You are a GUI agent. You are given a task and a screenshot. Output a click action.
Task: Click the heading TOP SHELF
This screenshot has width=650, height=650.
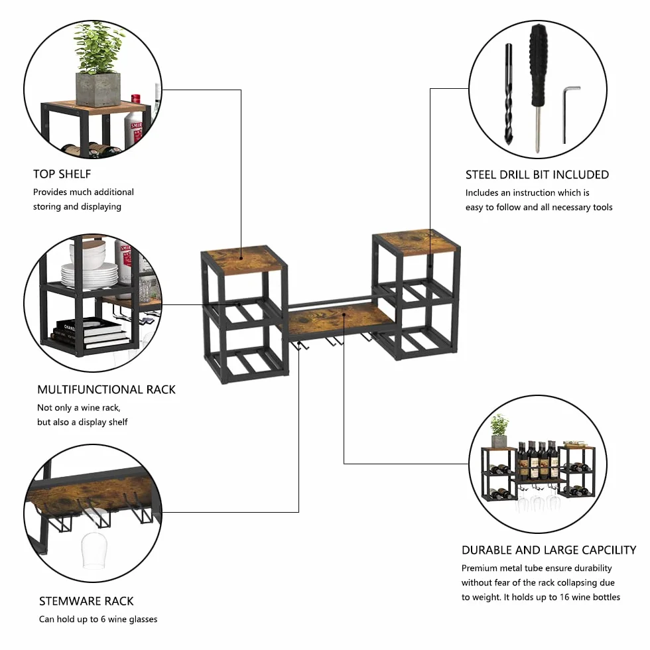point(62,174)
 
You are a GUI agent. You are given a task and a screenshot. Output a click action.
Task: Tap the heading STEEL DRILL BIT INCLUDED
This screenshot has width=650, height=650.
point(537,175)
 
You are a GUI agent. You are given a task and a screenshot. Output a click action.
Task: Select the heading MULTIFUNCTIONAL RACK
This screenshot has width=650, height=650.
point(106,390)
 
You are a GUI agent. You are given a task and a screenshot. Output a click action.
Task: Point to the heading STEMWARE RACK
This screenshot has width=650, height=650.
point(86,601)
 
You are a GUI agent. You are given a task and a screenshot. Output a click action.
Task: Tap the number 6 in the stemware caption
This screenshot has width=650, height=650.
point(103,619)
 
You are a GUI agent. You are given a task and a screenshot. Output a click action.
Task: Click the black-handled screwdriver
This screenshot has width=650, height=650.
point(539,87)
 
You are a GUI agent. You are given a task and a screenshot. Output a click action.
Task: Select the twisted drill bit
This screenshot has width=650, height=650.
point(509,94)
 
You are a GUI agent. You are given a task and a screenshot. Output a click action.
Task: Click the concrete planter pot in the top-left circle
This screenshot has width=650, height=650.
point(98,89)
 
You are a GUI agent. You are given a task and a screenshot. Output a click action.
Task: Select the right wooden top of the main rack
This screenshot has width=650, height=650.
point(416,241)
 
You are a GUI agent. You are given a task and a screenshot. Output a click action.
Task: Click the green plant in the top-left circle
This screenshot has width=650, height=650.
point(99,48)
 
